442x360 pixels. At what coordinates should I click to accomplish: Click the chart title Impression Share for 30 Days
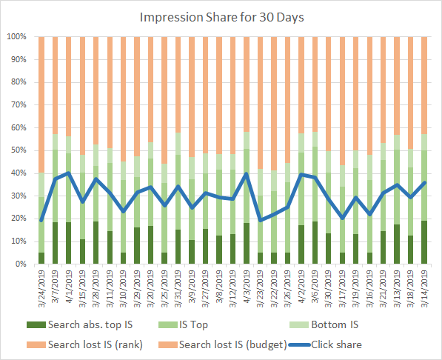point(221,16)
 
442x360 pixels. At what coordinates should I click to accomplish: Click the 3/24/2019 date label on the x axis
point(41,290)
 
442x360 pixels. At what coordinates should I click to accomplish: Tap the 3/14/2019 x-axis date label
point(425,290)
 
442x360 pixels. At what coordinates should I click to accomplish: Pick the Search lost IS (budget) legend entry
point(230,344)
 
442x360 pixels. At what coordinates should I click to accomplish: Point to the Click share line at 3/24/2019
point(41,220)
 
